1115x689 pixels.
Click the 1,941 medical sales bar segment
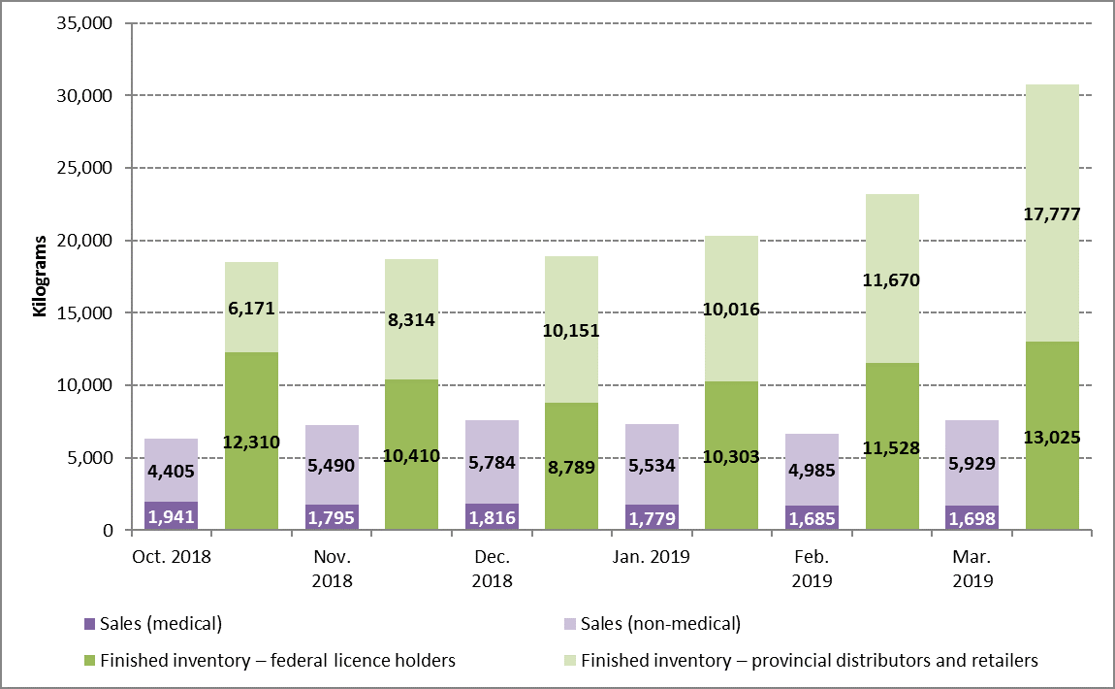click(171, 515)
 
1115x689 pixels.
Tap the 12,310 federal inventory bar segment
click(251, 442)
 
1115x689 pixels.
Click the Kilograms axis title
click(40, 276)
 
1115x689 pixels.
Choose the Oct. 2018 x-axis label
click(171, 557)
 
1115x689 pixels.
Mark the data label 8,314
click(411, 318)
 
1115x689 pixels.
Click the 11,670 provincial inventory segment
click(891, 279)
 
